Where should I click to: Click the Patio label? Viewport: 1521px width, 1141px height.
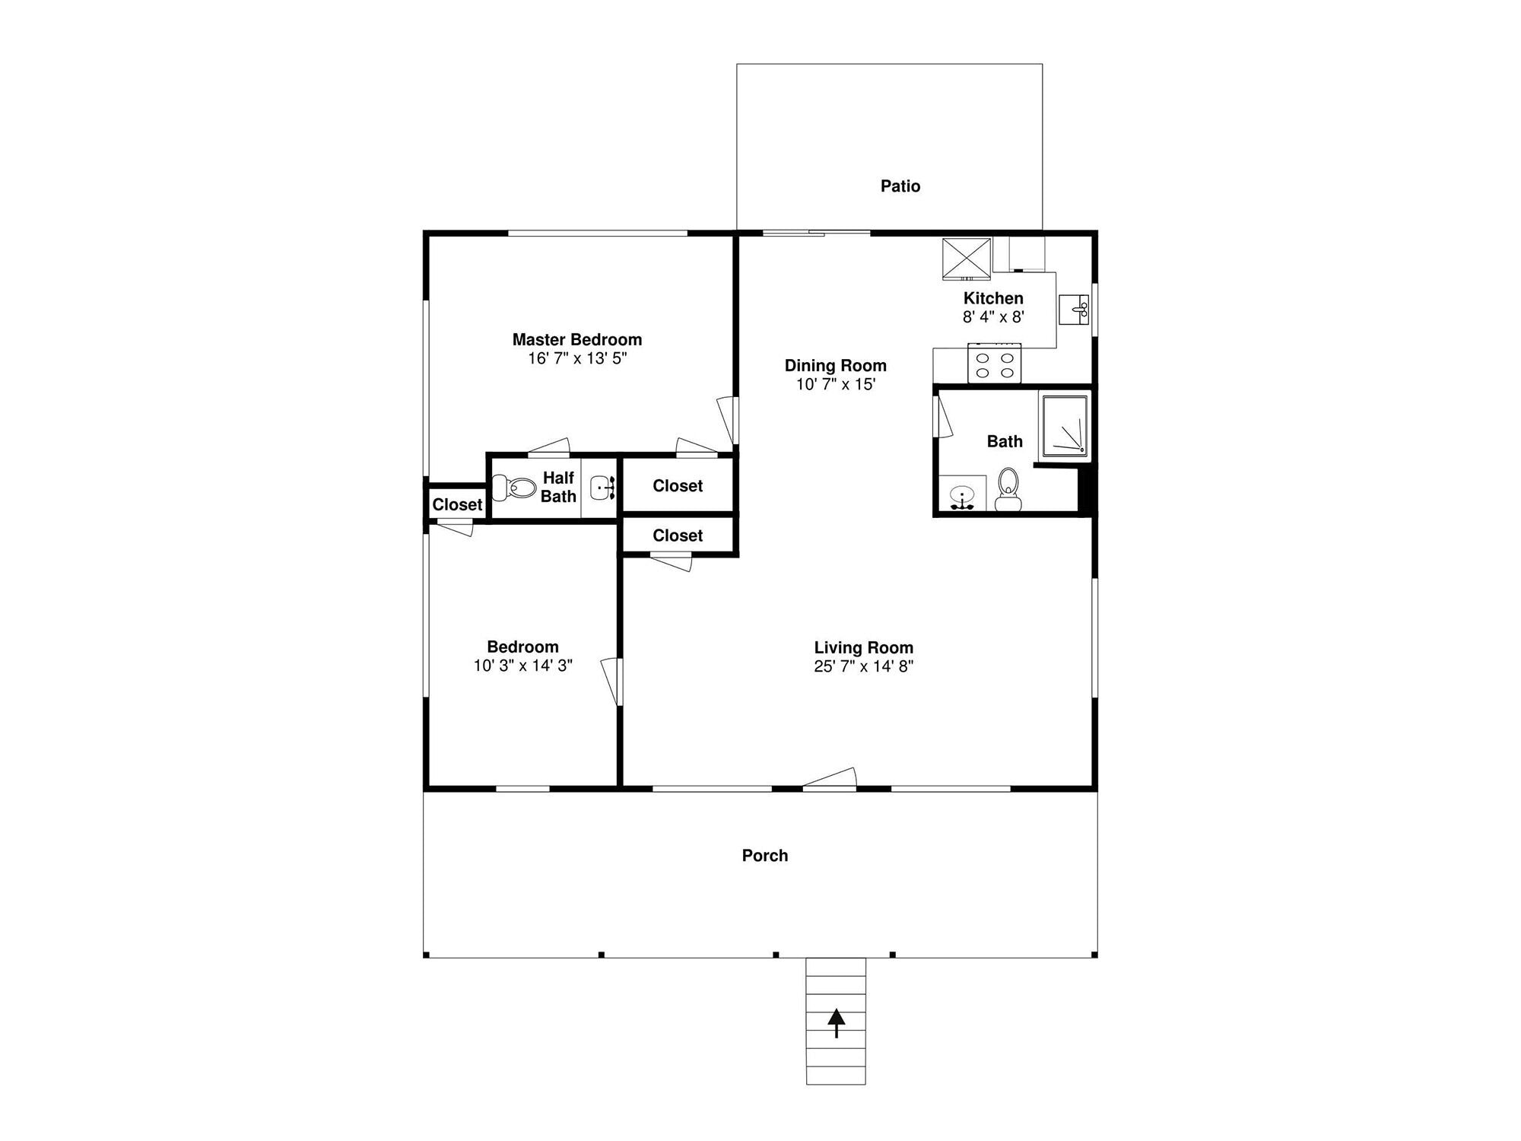[900, 186]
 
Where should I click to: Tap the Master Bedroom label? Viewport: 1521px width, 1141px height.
[577, 339]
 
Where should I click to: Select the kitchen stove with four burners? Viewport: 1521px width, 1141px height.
[994, 363]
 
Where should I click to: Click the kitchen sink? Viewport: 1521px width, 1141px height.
[1074, 309]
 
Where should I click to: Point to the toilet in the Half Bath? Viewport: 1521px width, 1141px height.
[514, 487]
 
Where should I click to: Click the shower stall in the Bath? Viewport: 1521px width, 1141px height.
[1065, 427]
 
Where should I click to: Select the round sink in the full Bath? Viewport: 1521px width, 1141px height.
[962, 495]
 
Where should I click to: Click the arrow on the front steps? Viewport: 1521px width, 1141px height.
[837, 1023]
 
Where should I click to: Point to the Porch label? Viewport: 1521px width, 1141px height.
[765, 856]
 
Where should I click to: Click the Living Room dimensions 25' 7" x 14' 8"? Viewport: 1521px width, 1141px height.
[863, 666]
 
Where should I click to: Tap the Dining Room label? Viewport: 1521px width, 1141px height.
[836, 366]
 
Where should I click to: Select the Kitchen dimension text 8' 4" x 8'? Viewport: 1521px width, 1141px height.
[994, 317]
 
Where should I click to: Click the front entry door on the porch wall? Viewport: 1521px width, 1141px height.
[830, 779]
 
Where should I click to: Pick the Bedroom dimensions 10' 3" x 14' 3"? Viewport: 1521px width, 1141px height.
[523, 666]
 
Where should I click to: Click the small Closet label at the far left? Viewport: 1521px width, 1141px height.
[457, 504]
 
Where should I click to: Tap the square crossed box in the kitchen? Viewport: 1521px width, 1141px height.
[967, 256]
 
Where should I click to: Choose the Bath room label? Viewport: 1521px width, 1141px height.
[1005, 441]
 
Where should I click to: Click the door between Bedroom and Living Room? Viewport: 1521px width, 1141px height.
[612, 682]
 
